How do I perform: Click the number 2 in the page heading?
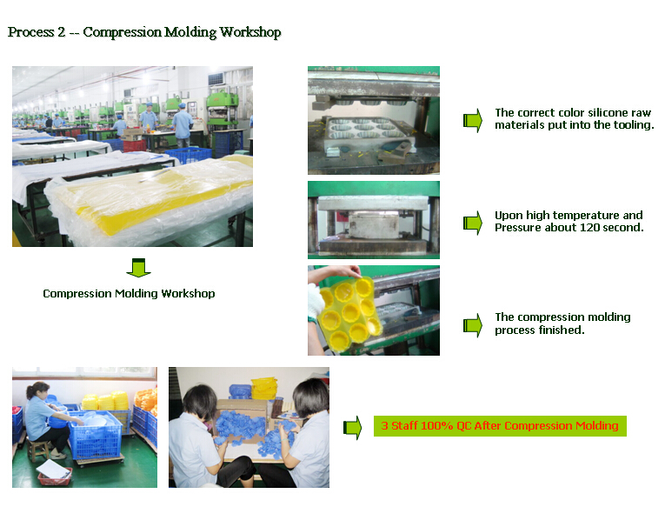pyautogui.click(x=61, y=32)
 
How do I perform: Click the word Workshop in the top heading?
pyautogui.click(x=250, y=33)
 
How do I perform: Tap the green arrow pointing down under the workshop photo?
pyautogui.click(x=138, y=268)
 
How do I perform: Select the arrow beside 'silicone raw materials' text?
pyautogui.click(x=473, y=120)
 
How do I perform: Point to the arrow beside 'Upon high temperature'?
pyautogui.click(x=473, y=223)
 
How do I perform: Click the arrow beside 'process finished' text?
pyautogui.click(x=473, y=325)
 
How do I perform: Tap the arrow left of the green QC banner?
pyautogui.click(x=352, y=427)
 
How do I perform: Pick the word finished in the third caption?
pyautogui.click(x=562, y=330)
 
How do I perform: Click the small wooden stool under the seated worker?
pyautogui.click(x=38, y=449)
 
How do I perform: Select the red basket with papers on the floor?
pyautogui.click(x=54, y=475)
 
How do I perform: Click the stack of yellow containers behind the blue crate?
pyautogui.click(x=105, y=401)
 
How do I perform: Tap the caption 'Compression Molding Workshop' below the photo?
pyautogui.click(x=129, y=294)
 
